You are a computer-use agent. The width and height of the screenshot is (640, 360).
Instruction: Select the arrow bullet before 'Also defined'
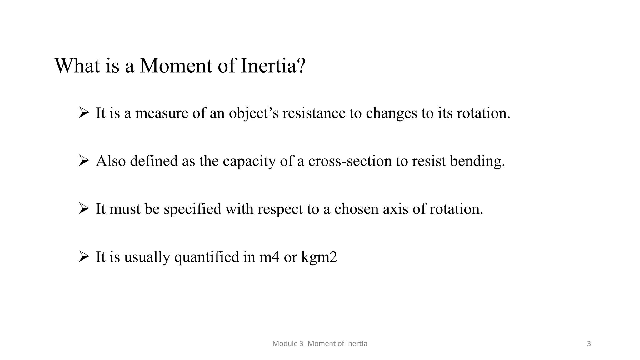point(84,161)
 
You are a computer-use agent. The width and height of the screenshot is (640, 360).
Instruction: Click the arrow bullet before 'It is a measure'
point(84,112)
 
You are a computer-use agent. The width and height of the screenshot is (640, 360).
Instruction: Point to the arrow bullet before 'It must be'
point(84,208)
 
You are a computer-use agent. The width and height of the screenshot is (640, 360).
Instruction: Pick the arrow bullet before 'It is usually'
point(84,257)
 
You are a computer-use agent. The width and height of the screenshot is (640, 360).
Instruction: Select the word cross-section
point(350,161)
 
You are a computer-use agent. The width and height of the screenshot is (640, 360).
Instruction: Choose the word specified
point(192,209)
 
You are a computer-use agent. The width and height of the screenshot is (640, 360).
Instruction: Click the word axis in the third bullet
point(396,209)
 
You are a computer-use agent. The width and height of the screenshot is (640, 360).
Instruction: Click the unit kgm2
point(319,257)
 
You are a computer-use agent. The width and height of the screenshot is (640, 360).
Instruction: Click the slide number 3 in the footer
point(589,344)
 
